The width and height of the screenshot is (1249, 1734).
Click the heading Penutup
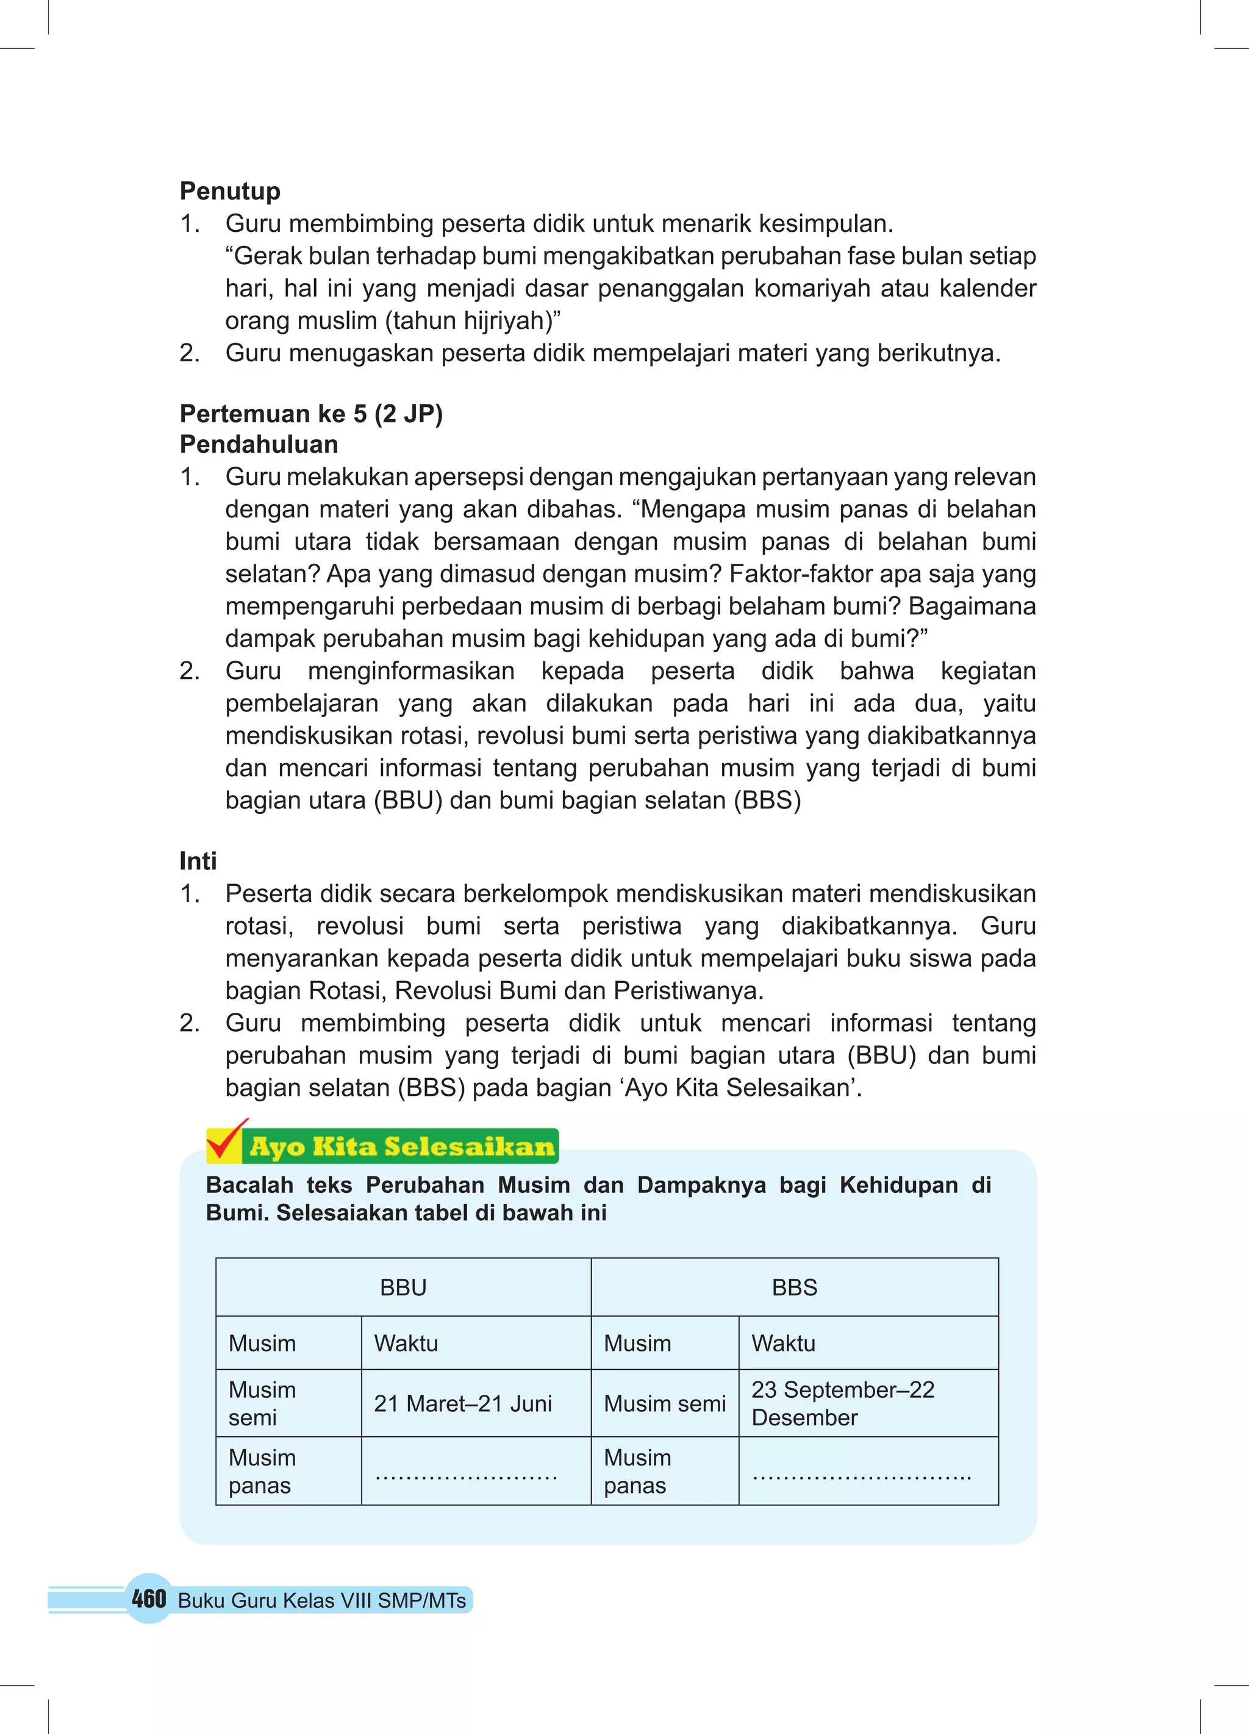229,190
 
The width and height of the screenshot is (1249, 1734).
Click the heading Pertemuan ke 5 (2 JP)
311,414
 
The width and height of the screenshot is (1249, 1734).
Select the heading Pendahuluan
259,444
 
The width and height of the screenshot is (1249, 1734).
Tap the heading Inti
198,861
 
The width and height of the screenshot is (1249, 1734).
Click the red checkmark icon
226,1142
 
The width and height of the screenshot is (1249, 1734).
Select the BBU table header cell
403,1287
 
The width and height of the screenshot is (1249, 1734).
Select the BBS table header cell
794,1287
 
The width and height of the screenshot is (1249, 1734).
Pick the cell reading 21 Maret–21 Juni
462,1404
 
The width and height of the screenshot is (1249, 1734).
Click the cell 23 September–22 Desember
842,1404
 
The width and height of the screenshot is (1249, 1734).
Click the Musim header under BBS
637,1344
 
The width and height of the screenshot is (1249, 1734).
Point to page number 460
148,1599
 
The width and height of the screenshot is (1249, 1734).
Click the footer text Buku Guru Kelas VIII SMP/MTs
322,1601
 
